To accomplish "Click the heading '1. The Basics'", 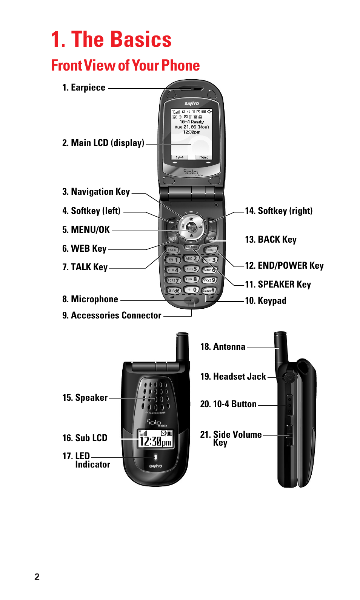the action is coord(111,40).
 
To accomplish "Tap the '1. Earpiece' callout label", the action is coord(84,88).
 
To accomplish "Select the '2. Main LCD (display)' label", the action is coord(103,143).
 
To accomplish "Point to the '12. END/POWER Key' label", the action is coord(284,266).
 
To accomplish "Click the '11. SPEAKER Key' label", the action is coord(278,285).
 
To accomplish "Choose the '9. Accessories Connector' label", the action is coord(112,315).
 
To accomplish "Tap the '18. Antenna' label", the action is coord(223,347).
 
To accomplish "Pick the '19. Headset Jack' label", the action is coord(233,377).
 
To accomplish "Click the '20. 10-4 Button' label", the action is coord(228,404).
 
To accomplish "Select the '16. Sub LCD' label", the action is coord(85,438).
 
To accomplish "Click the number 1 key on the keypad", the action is coord(173,260).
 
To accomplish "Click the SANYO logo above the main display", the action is coord(192,103).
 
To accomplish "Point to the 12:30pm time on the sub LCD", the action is coord(155,442).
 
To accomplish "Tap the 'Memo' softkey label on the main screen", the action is coord(204,157).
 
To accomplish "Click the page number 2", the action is coord(37,577).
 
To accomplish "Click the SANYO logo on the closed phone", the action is coord(155,466).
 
